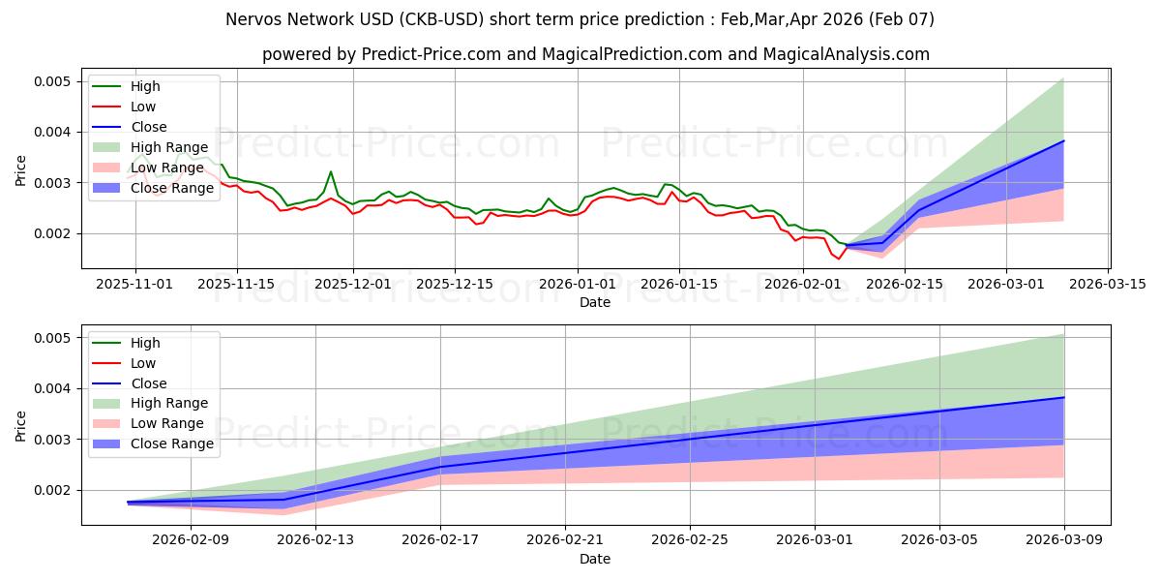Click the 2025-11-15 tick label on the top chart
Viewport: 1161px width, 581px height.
click(237, 284)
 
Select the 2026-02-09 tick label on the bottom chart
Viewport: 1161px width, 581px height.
click(191, 540)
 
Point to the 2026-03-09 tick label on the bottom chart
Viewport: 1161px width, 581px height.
click(1064, 540)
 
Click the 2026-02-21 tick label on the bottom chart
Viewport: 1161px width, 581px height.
click(565, 540)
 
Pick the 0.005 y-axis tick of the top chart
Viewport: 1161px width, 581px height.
click(53, 81)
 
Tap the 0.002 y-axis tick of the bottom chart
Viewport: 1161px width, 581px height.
click(53, 490)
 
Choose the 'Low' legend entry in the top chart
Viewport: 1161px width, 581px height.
click(143, 107)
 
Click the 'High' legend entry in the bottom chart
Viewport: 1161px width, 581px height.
click(145, 343)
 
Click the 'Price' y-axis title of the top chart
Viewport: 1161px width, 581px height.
click(21, 170)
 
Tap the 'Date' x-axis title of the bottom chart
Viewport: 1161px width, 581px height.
click(595, 559)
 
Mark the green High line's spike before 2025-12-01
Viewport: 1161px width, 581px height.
click(331, 172)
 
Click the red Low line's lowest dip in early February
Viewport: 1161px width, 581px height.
click(839, 259)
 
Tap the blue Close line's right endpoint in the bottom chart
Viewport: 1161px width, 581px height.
click(1064, 398)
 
